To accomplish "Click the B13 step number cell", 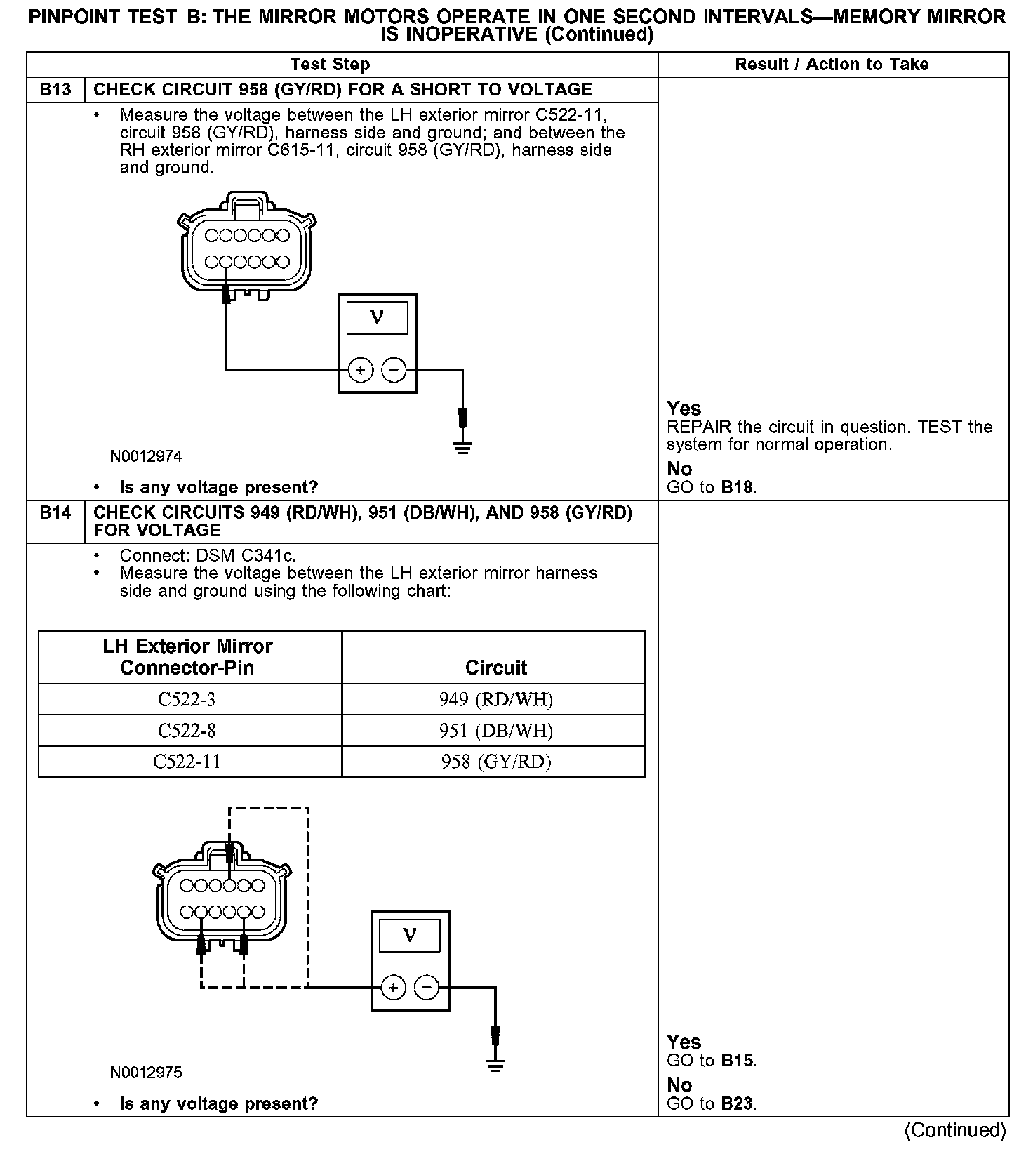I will click(55, 90).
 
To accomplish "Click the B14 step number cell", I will click(55, 513).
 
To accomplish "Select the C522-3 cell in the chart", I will click(187, 700).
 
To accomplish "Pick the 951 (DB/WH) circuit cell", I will click(495, 731).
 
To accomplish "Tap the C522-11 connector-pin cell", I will click(187, 762).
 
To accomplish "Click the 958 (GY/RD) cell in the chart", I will click(495, 762).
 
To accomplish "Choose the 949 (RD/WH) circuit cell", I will click(495, 700).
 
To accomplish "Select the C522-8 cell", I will click(187, 731).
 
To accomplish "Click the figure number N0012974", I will click(146, 457).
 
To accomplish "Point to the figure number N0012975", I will click(146, 1073).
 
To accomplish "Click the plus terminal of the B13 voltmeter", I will click(360, 370).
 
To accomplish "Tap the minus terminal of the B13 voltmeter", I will click(394, 370).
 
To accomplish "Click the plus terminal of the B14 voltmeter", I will click(393, 988).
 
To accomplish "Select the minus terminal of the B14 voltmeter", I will click(427, 988).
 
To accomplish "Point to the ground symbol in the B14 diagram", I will click(495, 1065).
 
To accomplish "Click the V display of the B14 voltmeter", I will click(410, 936).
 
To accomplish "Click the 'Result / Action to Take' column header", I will click(832, 65).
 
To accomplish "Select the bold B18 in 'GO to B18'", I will click(738, 488).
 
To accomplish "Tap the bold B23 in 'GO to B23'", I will click(738, 1104).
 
